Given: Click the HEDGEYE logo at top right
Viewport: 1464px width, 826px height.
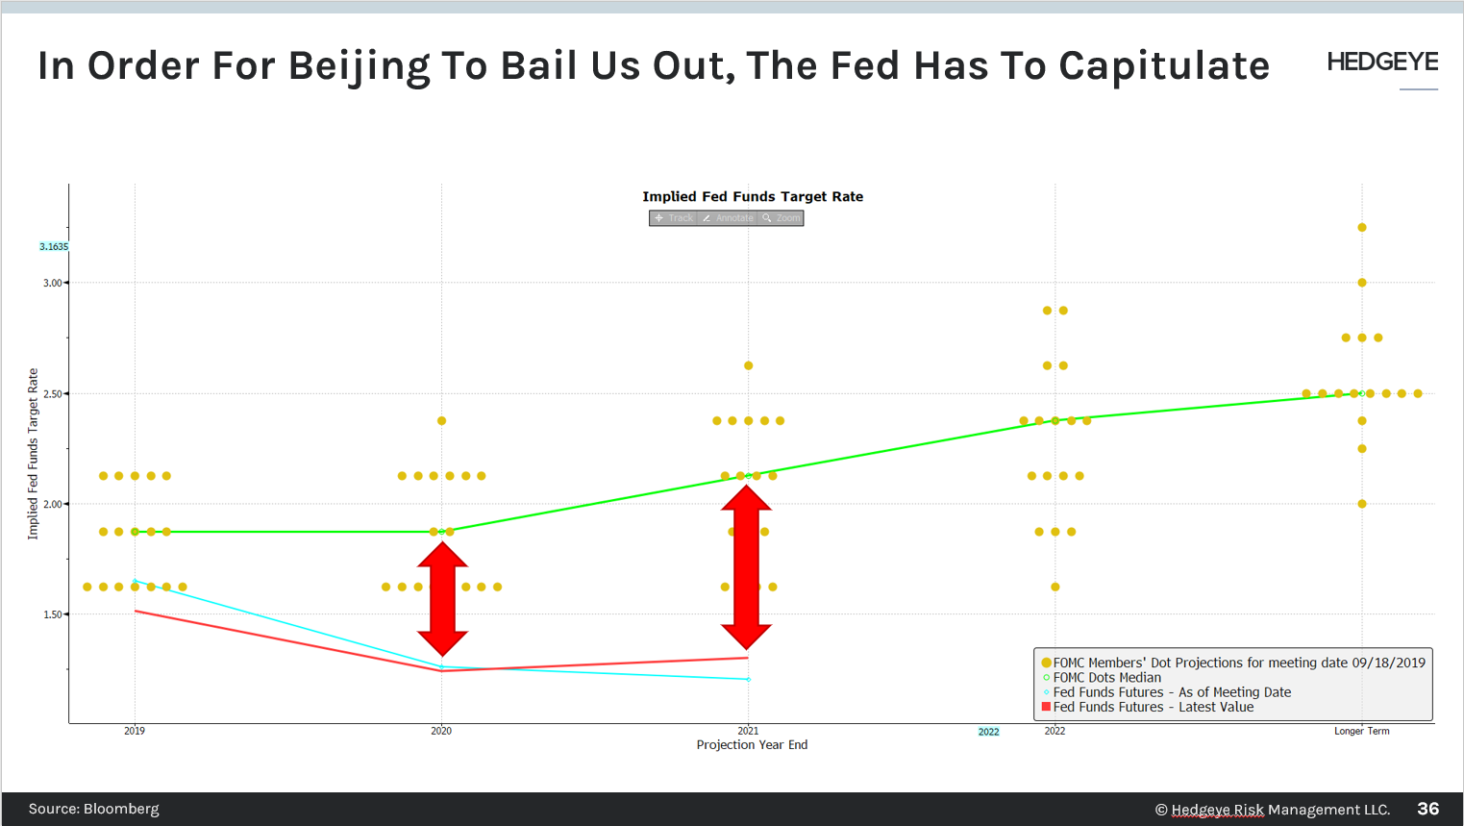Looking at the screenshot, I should (1381, 63).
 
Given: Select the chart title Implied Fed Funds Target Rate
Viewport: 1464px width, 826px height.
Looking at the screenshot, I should (753, 196).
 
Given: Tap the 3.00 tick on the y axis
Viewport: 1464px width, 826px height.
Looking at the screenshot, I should (52, 283).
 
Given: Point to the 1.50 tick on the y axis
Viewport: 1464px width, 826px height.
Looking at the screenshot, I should (52, 614).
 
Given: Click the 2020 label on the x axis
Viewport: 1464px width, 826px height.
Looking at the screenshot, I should (441, 731).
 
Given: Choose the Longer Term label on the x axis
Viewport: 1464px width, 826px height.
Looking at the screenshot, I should (1361, 731).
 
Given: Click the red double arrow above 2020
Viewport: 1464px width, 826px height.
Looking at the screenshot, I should (442, 599).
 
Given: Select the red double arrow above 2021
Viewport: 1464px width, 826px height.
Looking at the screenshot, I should (747, 567).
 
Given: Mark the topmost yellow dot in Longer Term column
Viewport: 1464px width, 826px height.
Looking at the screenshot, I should (1362, 228).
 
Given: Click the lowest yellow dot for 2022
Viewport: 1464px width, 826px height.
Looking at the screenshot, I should (1055, 587).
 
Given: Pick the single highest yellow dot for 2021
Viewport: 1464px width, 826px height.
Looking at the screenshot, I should (748, 365).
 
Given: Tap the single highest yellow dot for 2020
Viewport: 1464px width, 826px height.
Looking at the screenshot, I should (441, 420).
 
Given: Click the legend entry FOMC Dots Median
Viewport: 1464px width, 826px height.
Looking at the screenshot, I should (1106, 678).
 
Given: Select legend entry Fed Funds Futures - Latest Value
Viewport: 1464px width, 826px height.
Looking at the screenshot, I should (1153, 707).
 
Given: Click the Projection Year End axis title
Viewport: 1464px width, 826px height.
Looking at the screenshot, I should (752, 745).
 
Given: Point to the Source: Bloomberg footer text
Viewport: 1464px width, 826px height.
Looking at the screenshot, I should (94, 809).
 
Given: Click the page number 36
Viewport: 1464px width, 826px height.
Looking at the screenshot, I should (1427, 809).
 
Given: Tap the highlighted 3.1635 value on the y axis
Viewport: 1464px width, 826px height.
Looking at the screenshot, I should (54, 247).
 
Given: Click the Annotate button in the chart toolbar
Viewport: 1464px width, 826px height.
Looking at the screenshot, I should (728, 218).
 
